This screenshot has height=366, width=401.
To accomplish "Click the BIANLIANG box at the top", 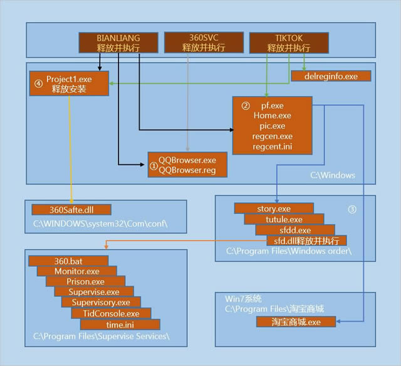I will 117,43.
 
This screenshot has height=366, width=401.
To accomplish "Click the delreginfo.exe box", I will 331,76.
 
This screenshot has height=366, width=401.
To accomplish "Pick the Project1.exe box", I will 69,84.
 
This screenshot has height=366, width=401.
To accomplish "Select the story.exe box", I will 274,208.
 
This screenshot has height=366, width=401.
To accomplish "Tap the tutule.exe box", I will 284,219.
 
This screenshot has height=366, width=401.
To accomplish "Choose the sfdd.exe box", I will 294,230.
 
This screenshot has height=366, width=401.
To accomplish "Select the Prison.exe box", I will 86,281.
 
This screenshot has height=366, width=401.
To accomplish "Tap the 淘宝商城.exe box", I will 296,321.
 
